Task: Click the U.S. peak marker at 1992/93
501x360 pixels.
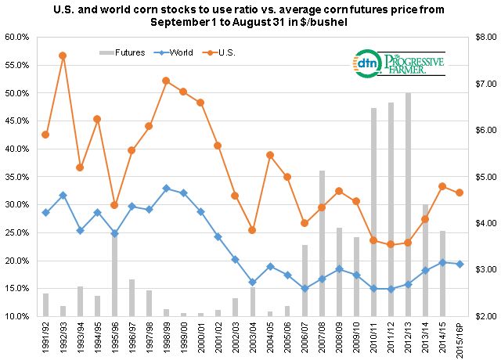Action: point(63,56)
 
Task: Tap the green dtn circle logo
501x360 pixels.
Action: point(366,62)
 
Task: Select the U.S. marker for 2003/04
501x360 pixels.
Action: point(252,230)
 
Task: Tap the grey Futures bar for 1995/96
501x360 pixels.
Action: point(114,274)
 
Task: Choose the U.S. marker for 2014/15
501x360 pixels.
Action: point(442,186)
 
